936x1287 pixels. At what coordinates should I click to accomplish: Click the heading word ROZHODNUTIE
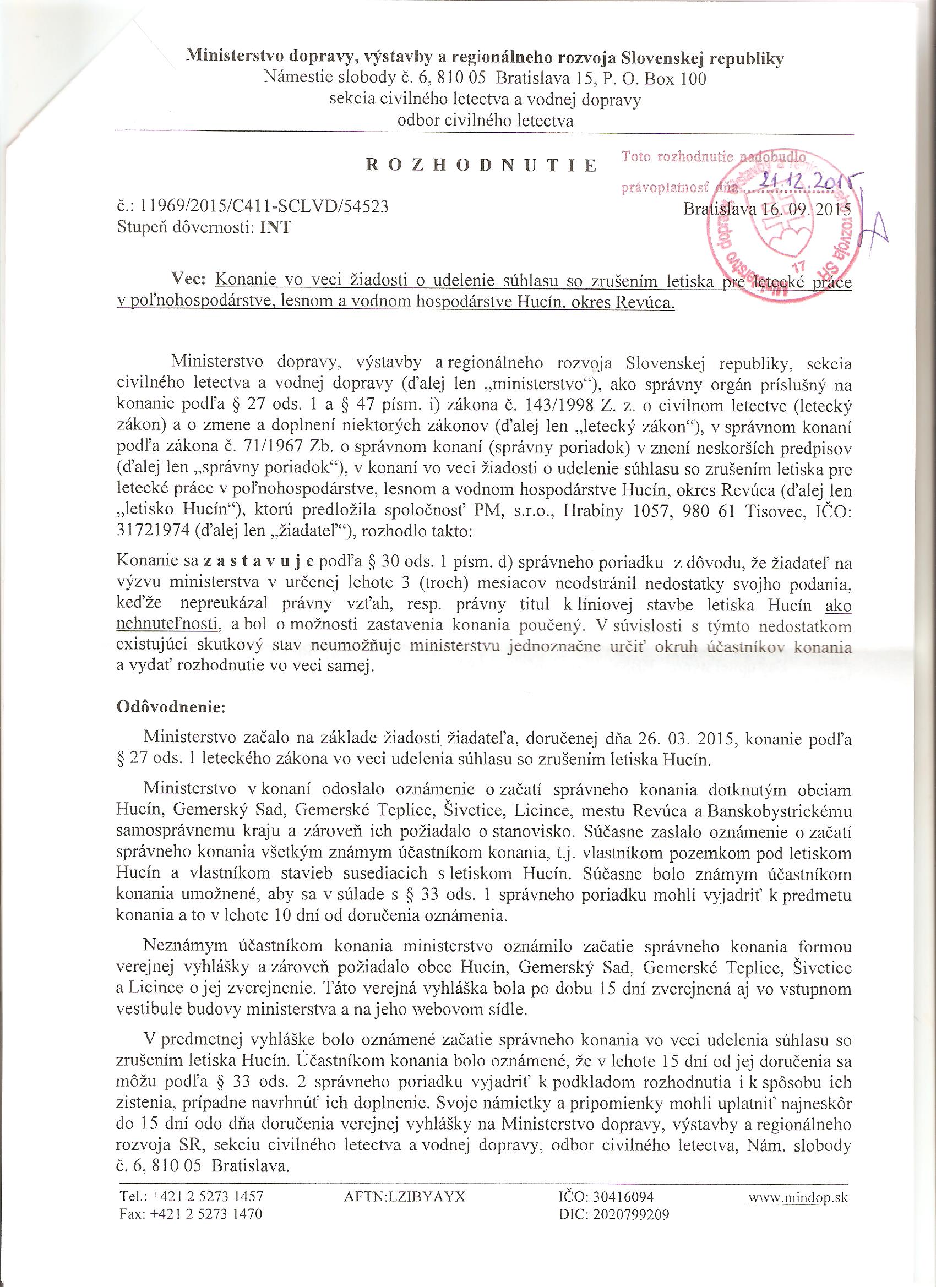481,166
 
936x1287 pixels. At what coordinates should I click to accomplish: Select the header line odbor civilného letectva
485,121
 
